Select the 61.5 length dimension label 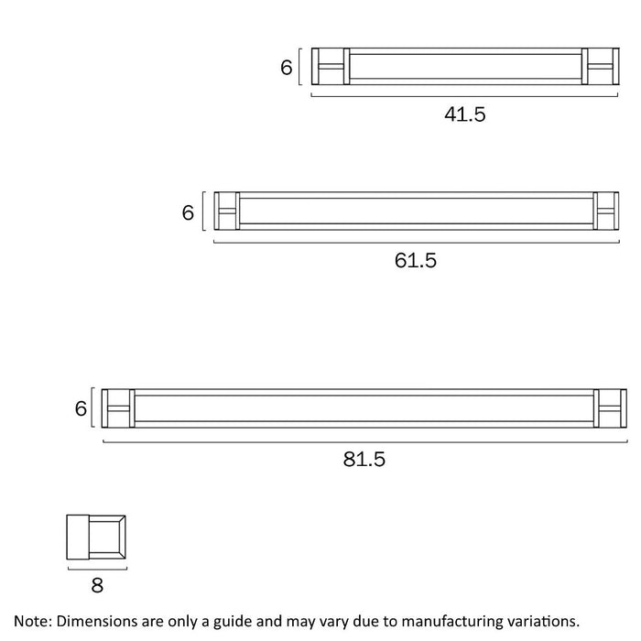416,260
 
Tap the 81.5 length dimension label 364,459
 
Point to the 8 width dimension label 97,584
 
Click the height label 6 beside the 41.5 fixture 286,67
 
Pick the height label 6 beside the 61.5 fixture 188,212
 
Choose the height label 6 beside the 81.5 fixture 81,408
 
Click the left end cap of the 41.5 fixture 331,67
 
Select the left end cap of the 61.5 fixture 226,212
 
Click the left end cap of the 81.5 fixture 118,408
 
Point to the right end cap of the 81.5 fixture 611,408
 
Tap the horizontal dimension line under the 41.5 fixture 465,94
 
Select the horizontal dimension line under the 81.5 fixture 364,441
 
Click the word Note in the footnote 32,621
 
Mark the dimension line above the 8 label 97,568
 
